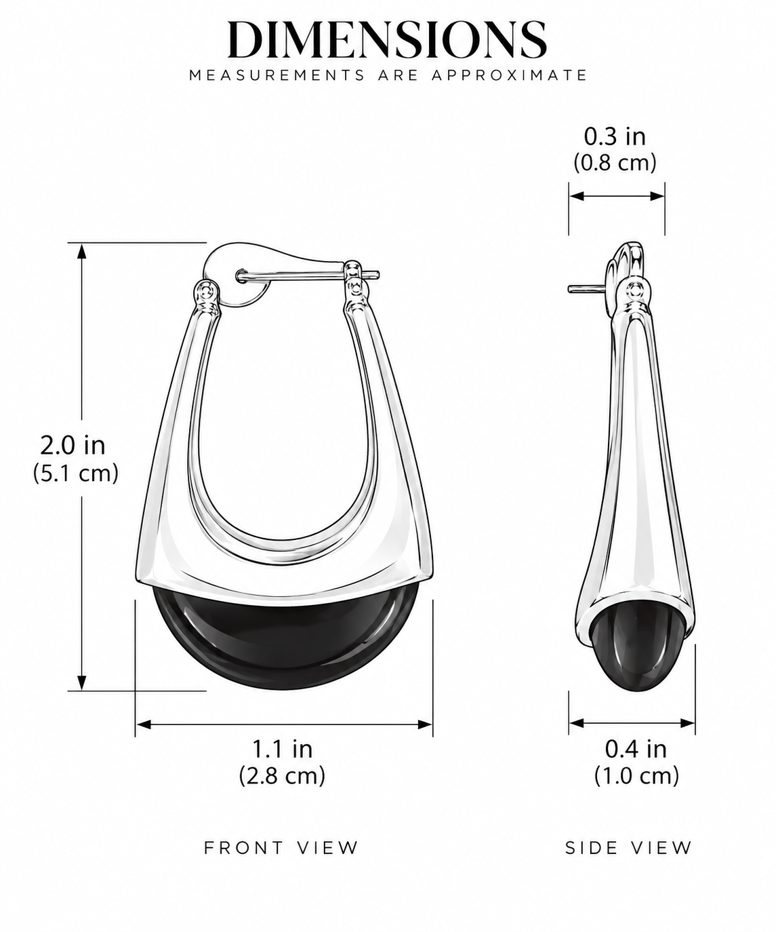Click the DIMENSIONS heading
click(x=387, y=40)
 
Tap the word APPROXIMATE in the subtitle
click(x=509, y=75)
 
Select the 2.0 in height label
click(x=73, y=446)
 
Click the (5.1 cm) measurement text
click(x=75, y=473)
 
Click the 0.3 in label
click(x=615, y=136)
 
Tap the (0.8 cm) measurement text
click(x=615, y=163)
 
